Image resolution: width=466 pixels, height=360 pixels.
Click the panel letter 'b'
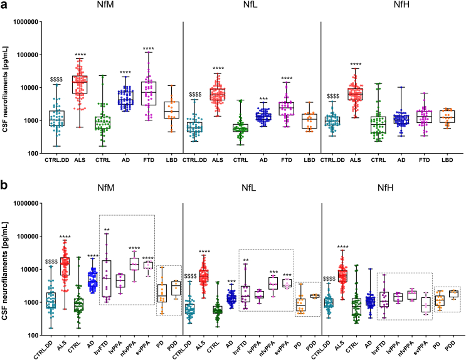click(x=5, y=186)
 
